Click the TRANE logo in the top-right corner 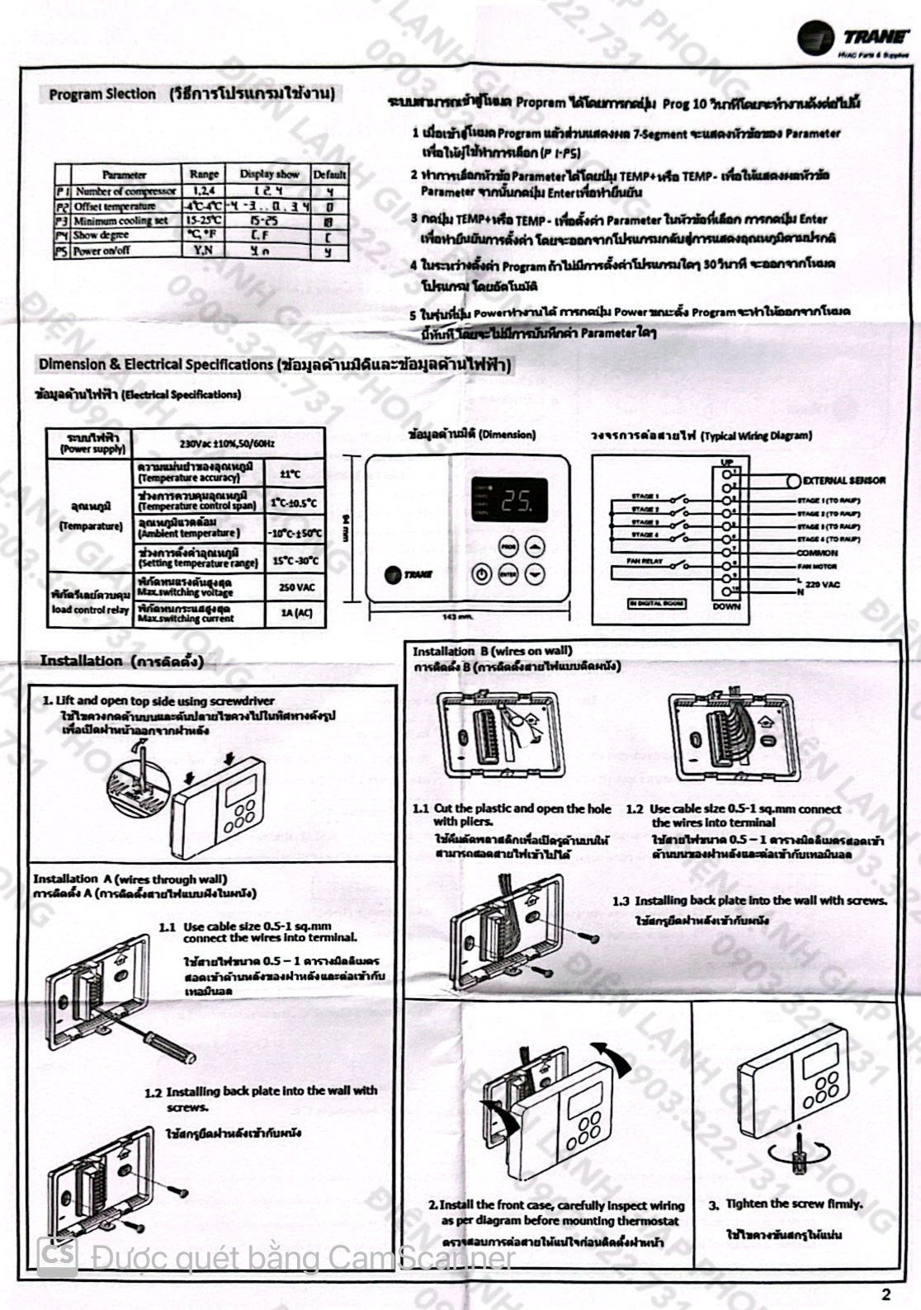coord(853,38)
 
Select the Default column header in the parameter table coord(329,174)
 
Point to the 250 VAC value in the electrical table coord(296,587)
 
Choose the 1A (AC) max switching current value coord(296,613)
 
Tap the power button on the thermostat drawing coord(481,574)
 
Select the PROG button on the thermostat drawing coord(508,546)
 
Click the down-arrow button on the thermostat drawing coord(536,574)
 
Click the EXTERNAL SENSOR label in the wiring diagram coord(843,480)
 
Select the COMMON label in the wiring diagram coord(817,553)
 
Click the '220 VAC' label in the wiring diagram coord(823,584)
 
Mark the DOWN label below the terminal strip coord(726,606)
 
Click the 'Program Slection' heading coord(102,94)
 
